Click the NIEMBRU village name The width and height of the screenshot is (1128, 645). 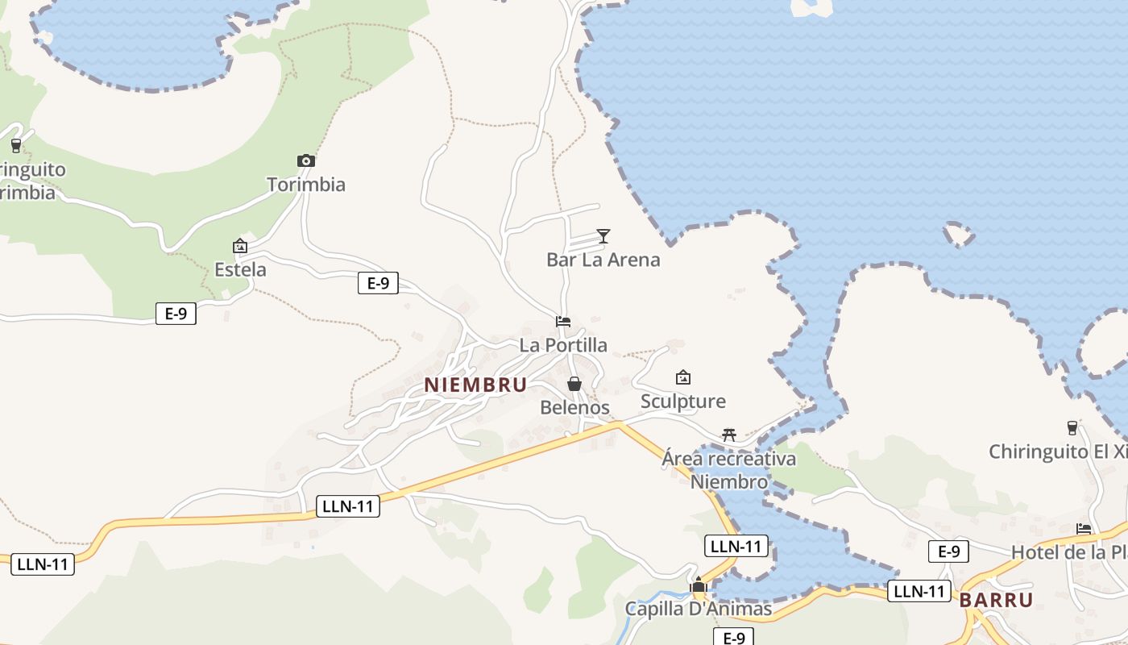[x=475, y=385]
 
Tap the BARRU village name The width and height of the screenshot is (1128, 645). [x=996, y=600]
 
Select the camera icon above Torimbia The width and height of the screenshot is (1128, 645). [x=305, y=160]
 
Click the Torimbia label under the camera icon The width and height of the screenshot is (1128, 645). [x=306, y=185]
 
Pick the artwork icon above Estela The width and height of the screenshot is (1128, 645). [x=239, y=246]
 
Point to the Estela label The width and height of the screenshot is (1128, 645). [x=240, y=269]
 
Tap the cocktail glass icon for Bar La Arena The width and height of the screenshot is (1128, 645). [x=603, y=235]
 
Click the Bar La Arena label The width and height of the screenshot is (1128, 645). [x=603, y=260]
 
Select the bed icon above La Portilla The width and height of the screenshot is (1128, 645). [x=563, y=322]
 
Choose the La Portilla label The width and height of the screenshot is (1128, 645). [x=563, y=345]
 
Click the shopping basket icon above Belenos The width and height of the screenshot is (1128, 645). [x=574, y=384]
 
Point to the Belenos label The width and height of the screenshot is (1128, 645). [x=574, y=407]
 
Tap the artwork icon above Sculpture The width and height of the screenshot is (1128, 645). [x=682, y=377]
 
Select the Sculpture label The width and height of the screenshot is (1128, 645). [x=682, y=401]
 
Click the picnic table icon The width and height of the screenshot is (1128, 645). [x=729, y=435]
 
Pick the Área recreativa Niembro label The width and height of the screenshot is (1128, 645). [x=728, y=470]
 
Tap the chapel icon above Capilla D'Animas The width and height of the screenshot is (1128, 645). [x=699, y=585]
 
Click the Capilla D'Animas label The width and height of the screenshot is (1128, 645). [x=699, y=609]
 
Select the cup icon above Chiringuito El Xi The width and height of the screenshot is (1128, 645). [x=1072, y=427]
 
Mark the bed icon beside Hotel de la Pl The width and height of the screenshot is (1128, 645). [x=1084, y=529]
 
